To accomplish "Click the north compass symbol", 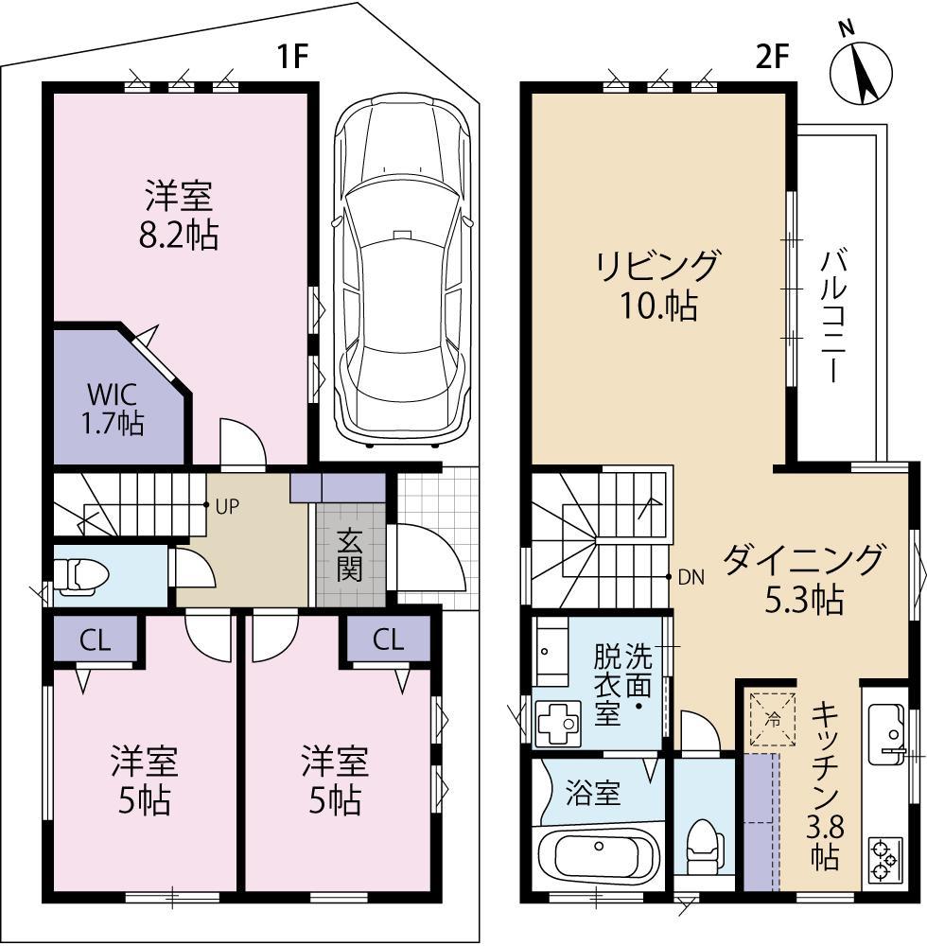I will tap(861, 71).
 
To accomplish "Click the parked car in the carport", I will tap(402, 270).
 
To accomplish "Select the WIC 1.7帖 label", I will tap(116, 406).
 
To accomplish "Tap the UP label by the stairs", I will tap(226, 505).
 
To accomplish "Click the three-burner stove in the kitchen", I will tap(885, 857).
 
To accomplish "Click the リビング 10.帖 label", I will tap(656, 285).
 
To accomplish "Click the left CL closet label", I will tap(95, 640).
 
